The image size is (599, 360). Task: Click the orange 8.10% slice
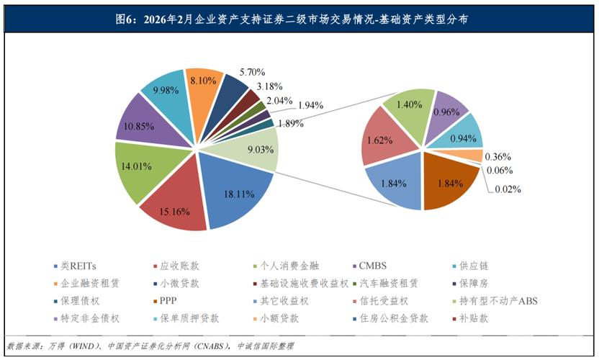click(x=202, y=88)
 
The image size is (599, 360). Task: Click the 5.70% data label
click(x=253, y=72)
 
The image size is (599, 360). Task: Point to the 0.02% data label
click(x=507, y=189)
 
